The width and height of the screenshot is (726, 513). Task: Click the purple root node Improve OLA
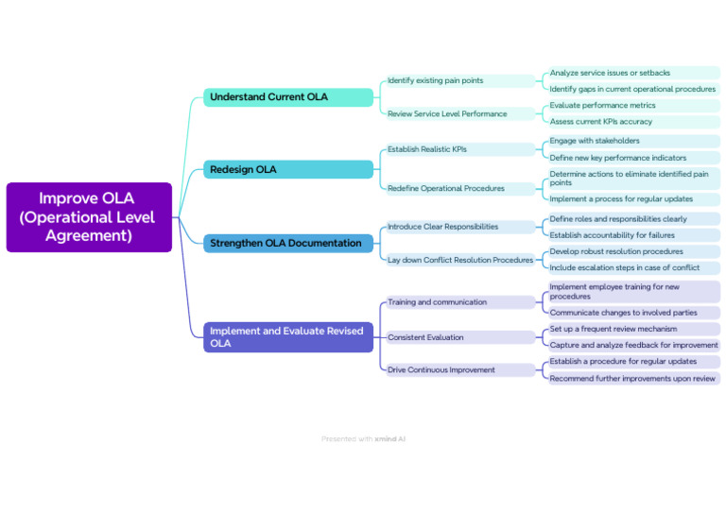tap(89, 217)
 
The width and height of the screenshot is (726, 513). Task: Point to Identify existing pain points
tap(435, 81)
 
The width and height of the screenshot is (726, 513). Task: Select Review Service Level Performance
tap(447, 114)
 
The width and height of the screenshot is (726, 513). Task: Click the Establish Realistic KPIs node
tap(427, 149)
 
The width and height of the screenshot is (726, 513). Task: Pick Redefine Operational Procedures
tap(446, 188)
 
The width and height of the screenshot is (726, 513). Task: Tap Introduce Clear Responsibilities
tap(442, 227)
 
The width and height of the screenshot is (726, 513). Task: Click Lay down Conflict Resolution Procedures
tap(460, 260)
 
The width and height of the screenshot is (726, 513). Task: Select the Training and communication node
tap(438, 302)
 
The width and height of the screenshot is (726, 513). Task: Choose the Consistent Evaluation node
tap(425, 337)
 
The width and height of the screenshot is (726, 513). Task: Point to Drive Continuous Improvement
tap(441, 370)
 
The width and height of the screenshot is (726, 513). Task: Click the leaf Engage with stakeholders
tap(595, 141)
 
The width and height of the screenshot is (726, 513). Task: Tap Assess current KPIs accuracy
tap(601, 122)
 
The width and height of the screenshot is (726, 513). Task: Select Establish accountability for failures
tap(613, 235)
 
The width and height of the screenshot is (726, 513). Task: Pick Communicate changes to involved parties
tap(624, 313)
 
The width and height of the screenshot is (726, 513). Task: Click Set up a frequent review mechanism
tap(614, 330)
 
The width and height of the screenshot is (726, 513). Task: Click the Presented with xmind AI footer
tap(363, 439)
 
